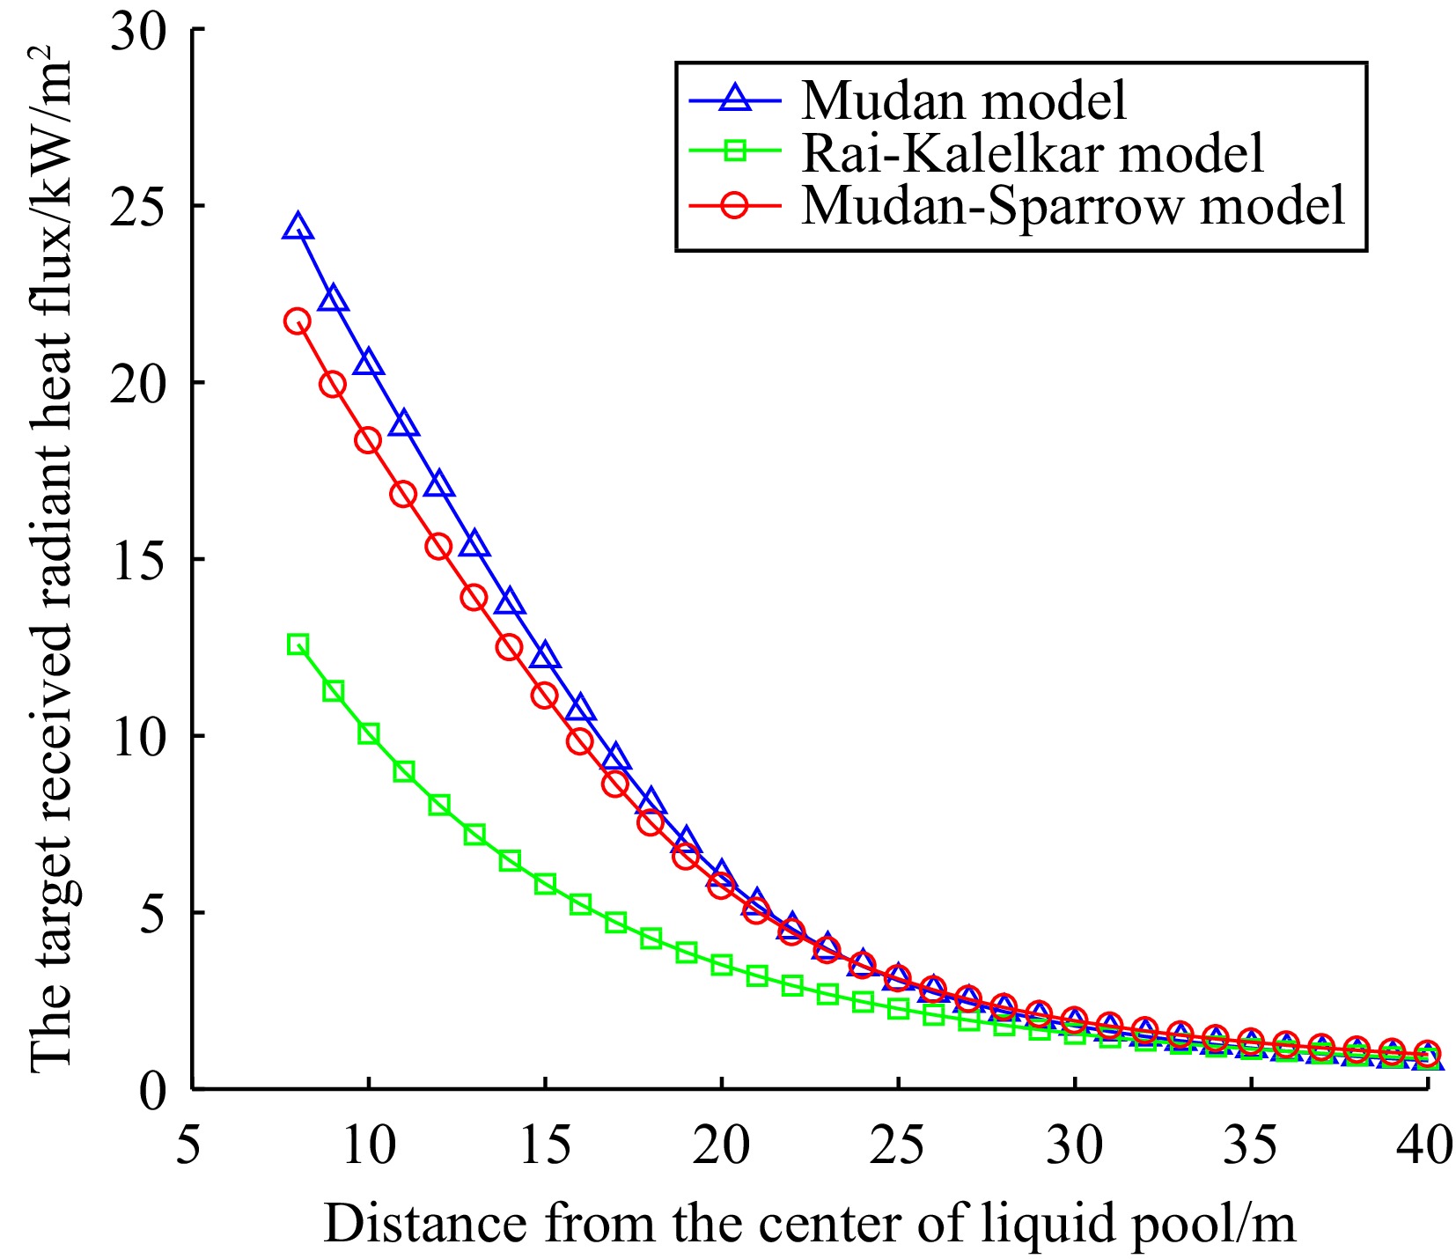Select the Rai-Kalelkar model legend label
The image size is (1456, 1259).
tap(1032, 153)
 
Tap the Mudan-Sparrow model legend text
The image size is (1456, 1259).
tap(1073, 206)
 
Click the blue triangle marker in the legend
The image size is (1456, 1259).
tap(735, 99)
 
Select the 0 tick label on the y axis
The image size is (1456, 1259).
tap(153, 1090)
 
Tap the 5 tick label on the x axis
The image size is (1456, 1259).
tap(190, 1147)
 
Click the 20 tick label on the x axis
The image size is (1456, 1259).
tap(721, 1147)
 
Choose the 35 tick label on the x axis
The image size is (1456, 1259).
tap(1251, 1147)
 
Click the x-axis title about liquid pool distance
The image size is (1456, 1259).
tap(809, 1224)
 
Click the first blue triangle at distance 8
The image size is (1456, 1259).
tap(298, 227)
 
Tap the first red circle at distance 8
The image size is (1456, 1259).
tap(298, 320)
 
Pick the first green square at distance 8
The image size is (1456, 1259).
tap(298, 644)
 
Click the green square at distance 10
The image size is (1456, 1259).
tap(368, 734)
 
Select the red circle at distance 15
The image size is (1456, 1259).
tap(545, 695)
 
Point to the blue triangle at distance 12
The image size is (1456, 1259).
tap(439, 484)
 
